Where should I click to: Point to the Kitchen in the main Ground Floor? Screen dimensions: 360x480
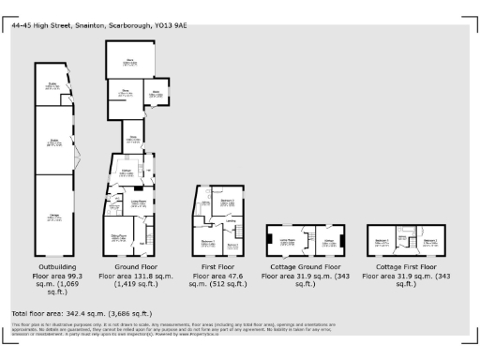[125, 172]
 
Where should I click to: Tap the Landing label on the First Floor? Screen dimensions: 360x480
[231, 221]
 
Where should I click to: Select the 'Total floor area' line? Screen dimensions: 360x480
[80, 312]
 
